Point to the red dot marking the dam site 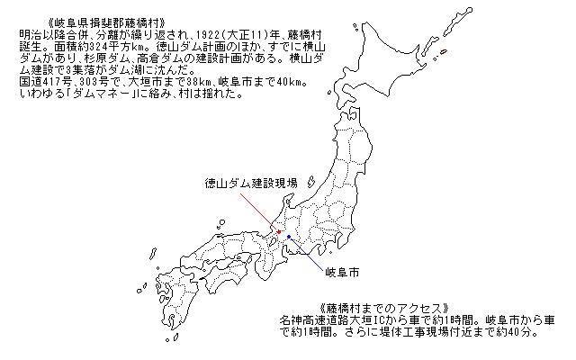point(279,232)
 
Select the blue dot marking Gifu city point(289,237)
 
